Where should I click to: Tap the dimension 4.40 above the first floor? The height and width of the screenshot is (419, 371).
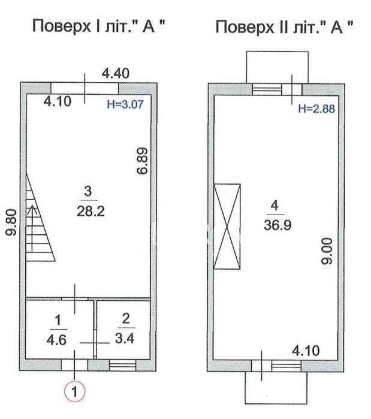116,74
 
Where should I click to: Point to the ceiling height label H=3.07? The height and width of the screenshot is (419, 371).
125,104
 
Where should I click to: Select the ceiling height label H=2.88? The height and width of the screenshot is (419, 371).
316,108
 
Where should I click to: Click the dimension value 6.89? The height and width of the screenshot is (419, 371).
142,161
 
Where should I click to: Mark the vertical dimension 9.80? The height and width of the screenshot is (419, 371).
11,222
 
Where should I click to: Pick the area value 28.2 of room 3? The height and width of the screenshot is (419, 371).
91,212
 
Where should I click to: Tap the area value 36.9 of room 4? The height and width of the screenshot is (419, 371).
278,225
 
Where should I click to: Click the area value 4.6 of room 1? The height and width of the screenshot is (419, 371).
56,340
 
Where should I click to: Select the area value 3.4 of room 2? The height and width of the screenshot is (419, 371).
125,338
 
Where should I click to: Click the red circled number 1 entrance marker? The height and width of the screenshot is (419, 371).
74,392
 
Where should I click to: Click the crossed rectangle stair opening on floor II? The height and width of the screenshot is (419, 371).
227,227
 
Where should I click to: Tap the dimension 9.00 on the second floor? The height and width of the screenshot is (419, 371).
327,251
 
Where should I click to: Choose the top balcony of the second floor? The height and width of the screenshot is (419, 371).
278,67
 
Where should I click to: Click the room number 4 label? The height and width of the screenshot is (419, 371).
275,206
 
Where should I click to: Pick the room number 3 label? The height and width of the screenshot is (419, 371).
88,191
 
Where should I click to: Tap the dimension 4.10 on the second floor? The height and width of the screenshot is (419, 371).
306,351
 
